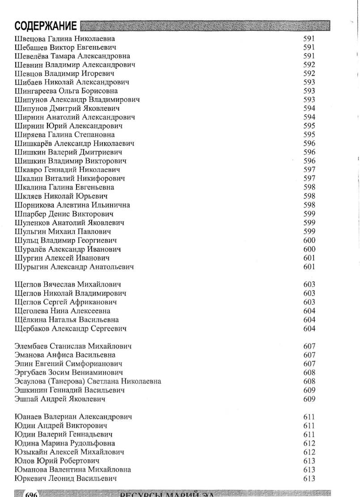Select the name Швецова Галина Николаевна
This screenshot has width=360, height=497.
[65, 38]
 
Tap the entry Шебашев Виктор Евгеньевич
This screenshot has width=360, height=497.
[65, 47]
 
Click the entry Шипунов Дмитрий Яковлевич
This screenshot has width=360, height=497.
[67, 109]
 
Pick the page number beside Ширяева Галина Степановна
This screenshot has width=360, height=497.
[309, 135]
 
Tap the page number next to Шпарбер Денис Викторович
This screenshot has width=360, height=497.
[309, 214]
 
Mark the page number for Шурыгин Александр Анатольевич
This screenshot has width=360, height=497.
[309, 267]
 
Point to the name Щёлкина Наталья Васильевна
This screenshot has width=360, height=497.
[67, 320]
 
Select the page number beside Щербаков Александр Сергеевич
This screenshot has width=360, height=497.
[309, 329]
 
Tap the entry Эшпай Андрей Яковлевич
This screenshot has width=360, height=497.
[59, 399]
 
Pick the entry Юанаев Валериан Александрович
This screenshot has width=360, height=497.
[73, 417]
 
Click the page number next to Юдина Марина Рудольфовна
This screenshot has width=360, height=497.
[309, 443]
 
